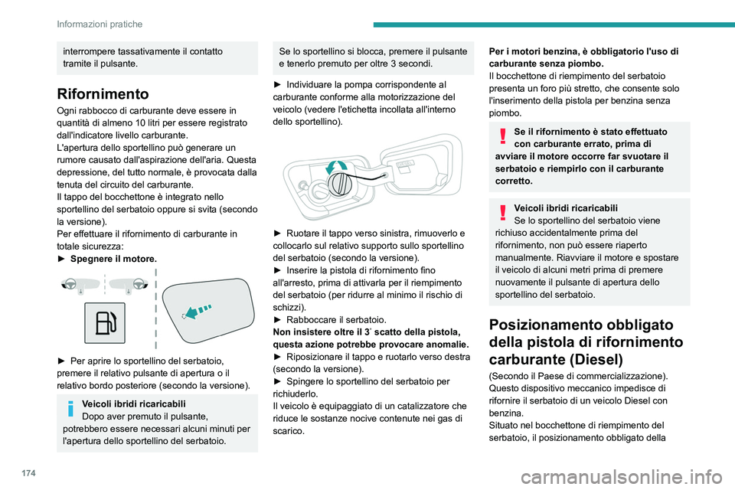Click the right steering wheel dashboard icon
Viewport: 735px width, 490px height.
[x=127, y=286]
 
